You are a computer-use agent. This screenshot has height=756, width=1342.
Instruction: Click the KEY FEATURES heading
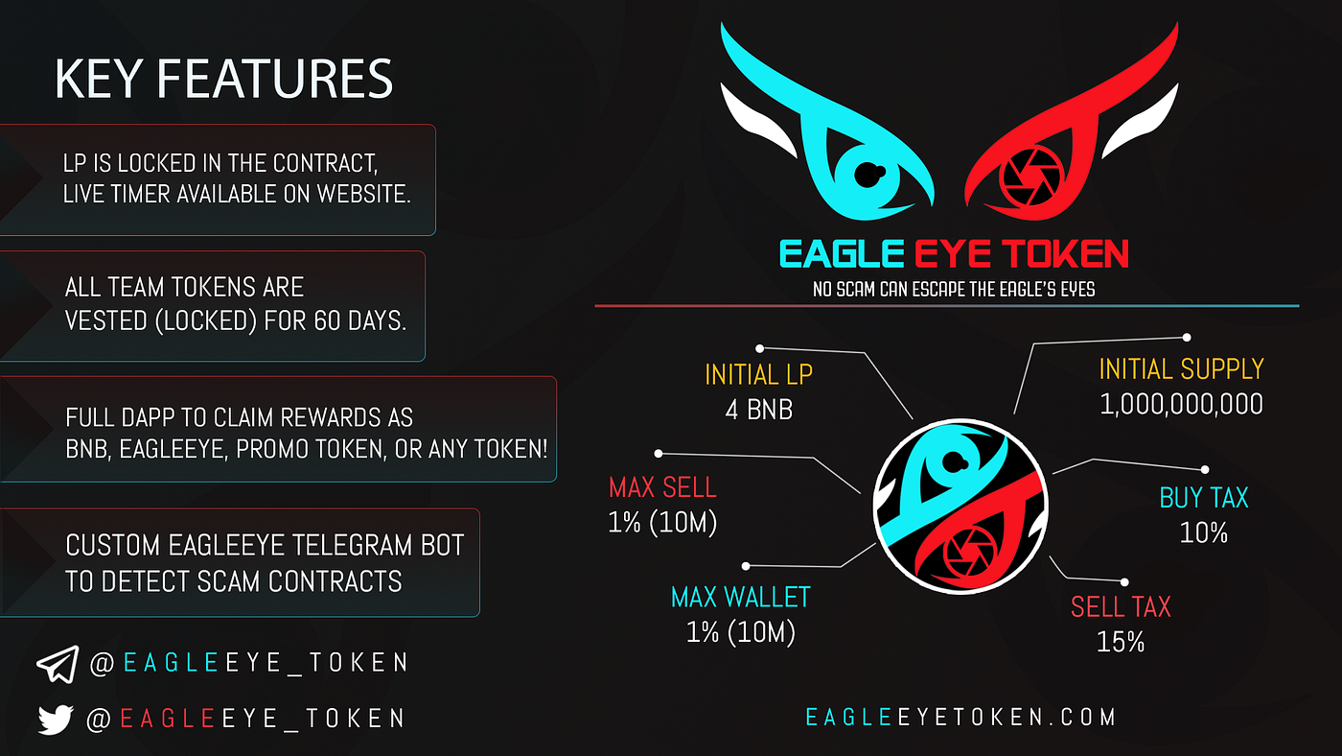pos(224,80)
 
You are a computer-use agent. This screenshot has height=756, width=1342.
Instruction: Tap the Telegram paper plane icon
pos(57,664)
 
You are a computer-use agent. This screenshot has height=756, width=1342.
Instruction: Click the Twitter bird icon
pos(56,719)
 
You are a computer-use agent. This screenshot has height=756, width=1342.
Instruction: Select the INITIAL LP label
pos(758,374)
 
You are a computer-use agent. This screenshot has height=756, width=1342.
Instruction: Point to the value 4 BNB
pos(758,410)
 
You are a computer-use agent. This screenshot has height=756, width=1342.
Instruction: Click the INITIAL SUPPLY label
pos(1181,368)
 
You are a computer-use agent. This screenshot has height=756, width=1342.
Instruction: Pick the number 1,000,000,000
pos(1181,404)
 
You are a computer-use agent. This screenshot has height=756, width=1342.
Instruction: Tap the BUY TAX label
pos(1204,498)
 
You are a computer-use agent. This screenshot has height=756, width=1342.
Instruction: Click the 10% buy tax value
pos(1204,532)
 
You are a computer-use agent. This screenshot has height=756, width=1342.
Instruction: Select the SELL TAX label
pos(1121,606)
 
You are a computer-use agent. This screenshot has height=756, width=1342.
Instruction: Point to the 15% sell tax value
pos(1121,642)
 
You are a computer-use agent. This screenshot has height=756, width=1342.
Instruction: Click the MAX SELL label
pos(662,486)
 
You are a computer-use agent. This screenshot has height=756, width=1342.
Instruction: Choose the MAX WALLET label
pos(740,597)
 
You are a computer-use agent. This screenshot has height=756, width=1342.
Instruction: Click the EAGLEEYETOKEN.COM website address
pos(961,717)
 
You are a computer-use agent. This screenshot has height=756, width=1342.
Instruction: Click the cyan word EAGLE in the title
pos(842,254)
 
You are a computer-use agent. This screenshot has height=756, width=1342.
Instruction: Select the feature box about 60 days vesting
pos(213,306)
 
